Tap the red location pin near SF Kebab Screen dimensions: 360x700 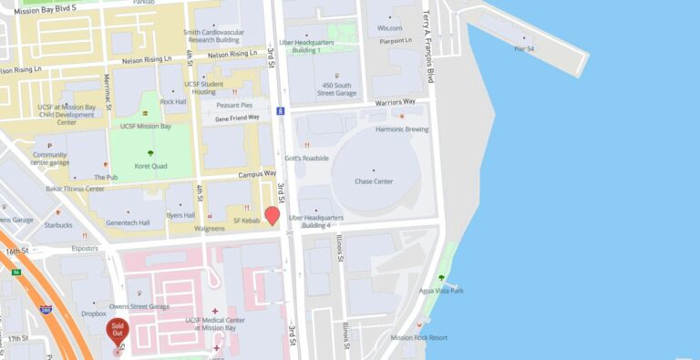tap(272, 216)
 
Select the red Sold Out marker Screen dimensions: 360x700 tap(117, 330)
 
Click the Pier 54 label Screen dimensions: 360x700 tap(524, 48)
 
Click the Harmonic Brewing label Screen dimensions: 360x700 tap(402, 129)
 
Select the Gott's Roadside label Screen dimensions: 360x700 tap(306, 158)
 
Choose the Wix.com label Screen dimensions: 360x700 tap(390, 28)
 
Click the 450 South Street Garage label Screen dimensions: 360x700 tap(337, 88)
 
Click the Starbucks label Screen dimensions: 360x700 tap(57, 225)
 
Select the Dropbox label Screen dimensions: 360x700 tap(94, 314)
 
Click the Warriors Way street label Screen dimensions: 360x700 tap(396, 102)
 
